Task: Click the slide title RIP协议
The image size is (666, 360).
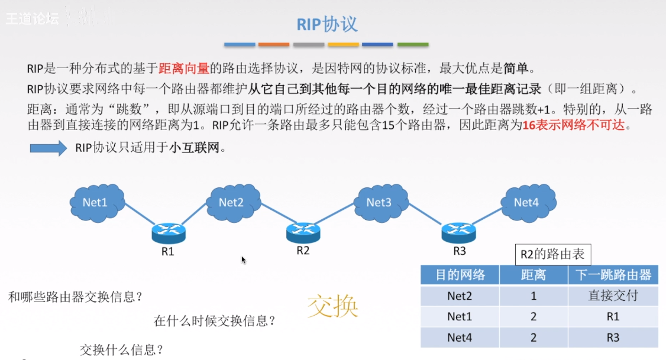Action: pyautogui.click(x=327, y=24)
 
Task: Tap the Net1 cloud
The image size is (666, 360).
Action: pyautogui.click(x=96, y=202)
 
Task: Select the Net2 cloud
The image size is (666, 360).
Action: pyautogui.click(x=231, y=202)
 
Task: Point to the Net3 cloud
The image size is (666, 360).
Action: pyautogui.click(x=379, y=202)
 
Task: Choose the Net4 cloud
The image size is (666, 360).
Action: pyautogui.click(x=526, y=202)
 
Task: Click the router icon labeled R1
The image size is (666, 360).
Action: pyautogui.click(x=168, y=233)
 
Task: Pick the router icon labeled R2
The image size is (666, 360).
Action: pyautogui.click(x=303, y=232)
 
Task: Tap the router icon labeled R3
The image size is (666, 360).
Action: pyautogui.click(x=459, y=232)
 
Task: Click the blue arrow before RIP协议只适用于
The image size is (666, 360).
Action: pyautogui.click(x=49, y=148)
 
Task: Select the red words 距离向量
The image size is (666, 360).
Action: pyautogui.click(x=184, y=68)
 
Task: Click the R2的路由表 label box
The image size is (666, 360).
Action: pyautogui.click(x=552, y=254)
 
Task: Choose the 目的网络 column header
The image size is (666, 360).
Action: pyautogui.click(x=460, y=275)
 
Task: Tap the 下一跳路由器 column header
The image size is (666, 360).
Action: pyautogui.click(x=613, y=275)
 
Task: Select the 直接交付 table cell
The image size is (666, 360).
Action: pyautogui.click(x=613, y=296)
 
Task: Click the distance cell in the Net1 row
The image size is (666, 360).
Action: pyautogui.click(x=534, y=316)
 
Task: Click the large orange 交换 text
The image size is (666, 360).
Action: pyautogui.click(x=333, y=306)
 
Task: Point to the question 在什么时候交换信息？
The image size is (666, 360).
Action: pyautogui.click(x=215, y=322)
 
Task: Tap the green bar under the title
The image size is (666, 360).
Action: pyautogui.click(x=413, y=44)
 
